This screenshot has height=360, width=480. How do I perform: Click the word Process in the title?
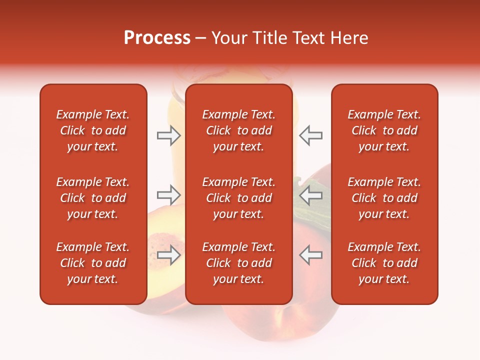pos(157,38)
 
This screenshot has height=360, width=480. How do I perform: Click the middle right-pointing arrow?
pos(169,195)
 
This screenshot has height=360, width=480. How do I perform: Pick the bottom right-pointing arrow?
pos(169,255)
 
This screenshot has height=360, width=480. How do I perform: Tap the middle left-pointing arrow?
pos(311,195)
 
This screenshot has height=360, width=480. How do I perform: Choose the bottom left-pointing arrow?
pos(311,255)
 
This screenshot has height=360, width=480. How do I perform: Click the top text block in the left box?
pos(93,130)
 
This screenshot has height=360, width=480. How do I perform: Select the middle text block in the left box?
pos(93,198)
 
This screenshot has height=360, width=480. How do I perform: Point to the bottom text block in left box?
pos(93,263)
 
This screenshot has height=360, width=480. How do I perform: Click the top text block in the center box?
pos(238,130)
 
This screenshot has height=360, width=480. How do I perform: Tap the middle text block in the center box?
pos(238,198)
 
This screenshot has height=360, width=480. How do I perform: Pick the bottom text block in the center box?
pos(238,263)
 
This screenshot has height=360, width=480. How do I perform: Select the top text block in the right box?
pos(384,130)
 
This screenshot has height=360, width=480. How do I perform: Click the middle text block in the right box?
pos(384,198)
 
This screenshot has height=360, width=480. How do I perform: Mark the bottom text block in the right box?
pos(384,263)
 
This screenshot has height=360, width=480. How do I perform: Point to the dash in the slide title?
pos(201,39)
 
